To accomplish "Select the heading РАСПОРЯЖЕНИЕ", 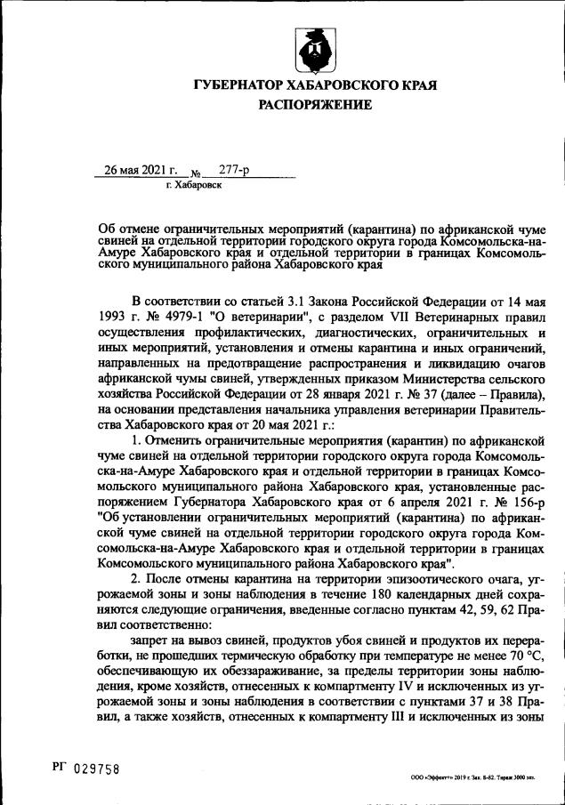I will click(314, 105).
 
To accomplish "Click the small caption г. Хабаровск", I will click(193, 185).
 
